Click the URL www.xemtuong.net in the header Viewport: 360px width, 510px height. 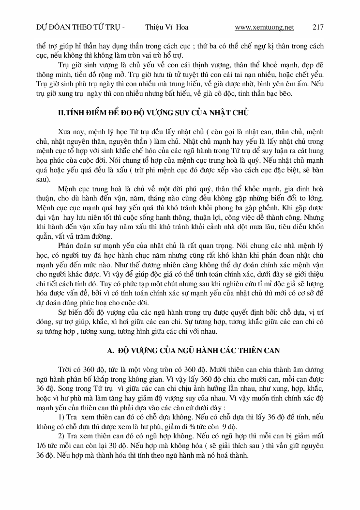pos(264,27)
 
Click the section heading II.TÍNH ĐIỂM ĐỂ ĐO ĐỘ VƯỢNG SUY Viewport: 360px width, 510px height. pos(153,113)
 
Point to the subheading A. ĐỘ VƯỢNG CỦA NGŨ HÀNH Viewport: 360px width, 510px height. pos(200,349)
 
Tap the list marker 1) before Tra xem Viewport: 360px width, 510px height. pos(61,417)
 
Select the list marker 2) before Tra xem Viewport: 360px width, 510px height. pos(61,436)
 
